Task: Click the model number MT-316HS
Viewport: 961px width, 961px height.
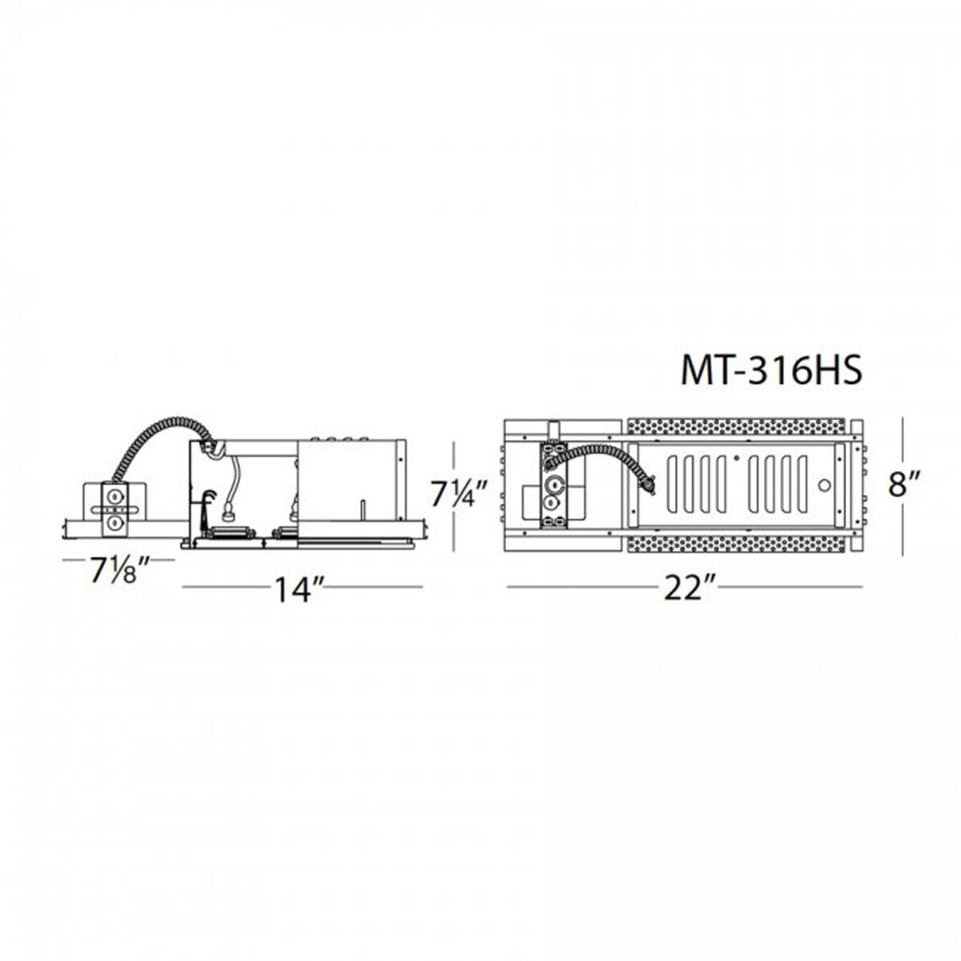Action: pyautogui.click(x=770, y=372)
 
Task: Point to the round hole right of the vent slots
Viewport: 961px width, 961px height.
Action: pyautogui.click(x=822, y=485)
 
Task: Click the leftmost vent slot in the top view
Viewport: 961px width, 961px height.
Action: pyautogui.click(x=672, y=480)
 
